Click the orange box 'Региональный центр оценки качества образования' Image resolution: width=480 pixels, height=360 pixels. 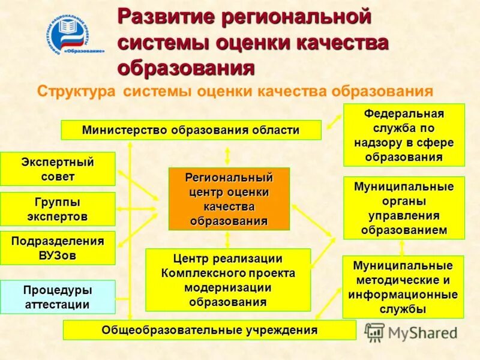click(229, 199)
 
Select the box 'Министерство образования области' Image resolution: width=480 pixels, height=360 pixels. click(191, 130)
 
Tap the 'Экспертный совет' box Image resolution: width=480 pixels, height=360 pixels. click(58, 169)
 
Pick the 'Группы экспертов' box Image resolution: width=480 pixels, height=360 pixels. click(58, 209)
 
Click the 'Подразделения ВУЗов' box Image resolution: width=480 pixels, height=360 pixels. click(58, 248)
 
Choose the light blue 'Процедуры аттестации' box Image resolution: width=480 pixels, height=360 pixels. click(58, 297)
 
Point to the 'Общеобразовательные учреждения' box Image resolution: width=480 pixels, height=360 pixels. click(209, 330)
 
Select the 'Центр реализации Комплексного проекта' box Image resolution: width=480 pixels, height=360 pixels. click(228, 280)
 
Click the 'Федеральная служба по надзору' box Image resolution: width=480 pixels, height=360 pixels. click(404, 135)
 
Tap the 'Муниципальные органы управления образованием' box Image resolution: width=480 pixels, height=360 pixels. click(404, 208)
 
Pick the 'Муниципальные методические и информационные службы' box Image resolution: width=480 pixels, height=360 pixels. click(403, 287)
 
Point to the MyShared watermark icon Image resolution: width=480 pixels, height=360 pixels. click(374, 332)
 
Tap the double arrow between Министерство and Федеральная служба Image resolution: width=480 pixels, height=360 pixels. click(332, 126)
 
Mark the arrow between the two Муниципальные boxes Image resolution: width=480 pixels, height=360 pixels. click(402, 247)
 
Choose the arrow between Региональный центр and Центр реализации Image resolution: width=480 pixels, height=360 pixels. click(227, 239)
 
